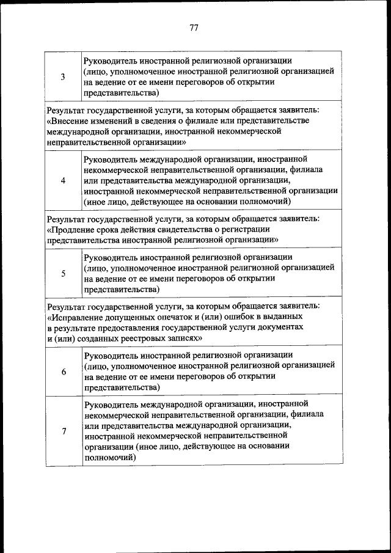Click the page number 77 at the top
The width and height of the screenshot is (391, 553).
[194, 27]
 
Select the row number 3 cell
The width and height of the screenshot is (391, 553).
[64, 76]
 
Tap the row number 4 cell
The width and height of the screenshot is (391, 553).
[64, 181]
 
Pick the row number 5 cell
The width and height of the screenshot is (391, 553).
[64, 274]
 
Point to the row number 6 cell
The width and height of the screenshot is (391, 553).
[64, 372]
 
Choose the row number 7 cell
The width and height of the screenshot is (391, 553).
[64, 431]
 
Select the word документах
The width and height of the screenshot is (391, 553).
[282, 327]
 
